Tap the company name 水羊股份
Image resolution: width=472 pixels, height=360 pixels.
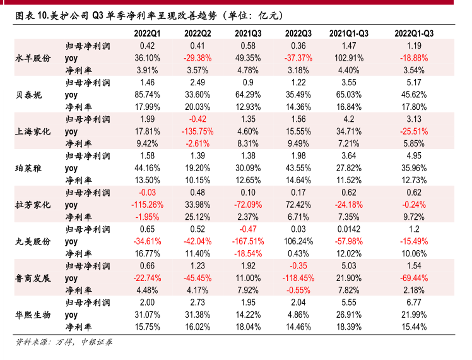pos(33,57)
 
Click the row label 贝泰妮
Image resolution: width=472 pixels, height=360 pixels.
pos(28,94)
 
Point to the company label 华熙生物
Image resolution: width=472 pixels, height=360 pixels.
pos(33,314)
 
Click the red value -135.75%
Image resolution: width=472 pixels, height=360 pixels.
pos(198,131)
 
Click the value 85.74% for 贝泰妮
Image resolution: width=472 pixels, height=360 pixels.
pos(147,95)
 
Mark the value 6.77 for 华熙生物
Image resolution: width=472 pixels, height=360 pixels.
pos(414,302)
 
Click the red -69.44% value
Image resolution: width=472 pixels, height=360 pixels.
pos(414,278)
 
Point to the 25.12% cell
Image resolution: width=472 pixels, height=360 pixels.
pos(198,217)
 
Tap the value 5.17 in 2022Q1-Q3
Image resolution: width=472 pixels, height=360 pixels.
pos(414,82)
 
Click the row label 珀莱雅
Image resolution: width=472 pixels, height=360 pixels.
pos(28,168)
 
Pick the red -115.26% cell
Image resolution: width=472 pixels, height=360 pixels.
pos(147,205)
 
